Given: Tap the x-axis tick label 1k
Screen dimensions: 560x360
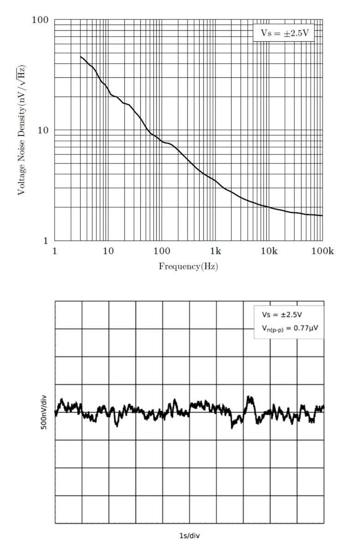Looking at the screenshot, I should click(x=215, y=251).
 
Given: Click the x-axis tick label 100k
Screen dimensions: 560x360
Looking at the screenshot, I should click(x=322, y=251).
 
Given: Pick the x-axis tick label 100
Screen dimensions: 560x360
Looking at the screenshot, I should click(x=162, y=251).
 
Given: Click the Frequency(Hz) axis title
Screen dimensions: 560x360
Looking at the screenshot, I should click(x=188, y=266).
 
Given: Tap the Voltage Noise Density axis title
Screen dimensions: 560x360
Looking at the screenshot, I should click(x=21, y=130).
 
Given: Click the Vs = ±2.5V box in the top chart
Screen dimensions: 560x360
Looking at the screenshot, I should click(x=283, y=33).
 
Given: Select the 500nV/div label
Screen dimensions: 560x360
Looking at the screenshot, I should click(x=44, y=412).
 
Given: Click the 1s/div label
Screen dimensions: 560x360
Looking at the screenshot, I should click(x=189, y=536).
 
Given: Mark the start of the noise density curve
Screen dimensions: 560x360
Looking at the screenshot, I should click(x=81, y=56).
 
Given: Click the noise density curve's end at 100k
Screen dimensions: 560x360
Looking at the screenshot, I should click(x=322, y=216).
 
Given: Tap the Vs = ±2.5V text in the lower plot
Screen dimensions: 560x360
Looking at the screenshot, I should click(x=282, y=315).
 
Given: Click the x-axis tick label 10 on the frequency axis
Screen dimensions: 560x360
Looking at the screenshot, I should click(x=108, y=251).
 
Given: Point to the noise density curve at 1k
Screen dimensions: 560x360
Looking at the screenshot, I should click(x=215, y=180).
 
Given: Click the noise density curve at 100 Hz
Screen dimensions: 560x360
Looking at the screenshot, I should click(x=162, y=141).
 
